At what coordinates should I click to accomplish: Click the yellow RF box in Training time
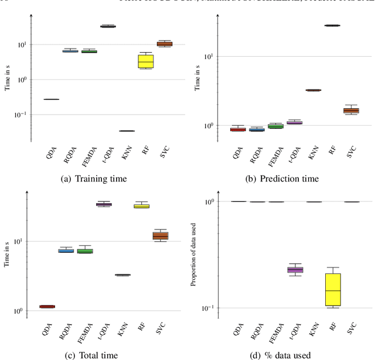(x=145, y=61)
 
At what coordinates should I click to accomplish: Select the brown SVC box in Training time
(x=165, y=44)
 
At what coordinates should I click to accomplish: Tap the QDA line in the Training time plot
(x=51, y=100)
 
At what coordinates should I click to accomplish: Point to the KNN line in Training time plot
(x=127, y=131)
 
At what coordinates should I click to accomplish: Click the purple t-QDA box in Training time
(x=108, y=26)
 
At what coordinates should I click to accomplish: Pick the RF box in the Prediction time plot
(x=332, y=26)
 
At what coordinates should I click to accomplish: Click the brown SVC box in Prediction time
(x=351, y=110)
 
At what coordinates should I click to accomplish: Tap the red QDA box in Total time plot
(x=47, y=306)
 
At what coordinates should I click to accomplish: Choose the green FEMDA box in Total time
(x=85, y=251)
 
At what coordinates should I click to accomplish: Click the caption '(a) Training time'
(x=94, y=179)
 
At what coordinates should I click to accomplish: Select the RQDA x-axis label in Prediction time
(x=255, y=154)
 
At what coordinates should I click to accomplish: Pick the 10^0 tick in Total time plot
(x=16, y=311)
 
